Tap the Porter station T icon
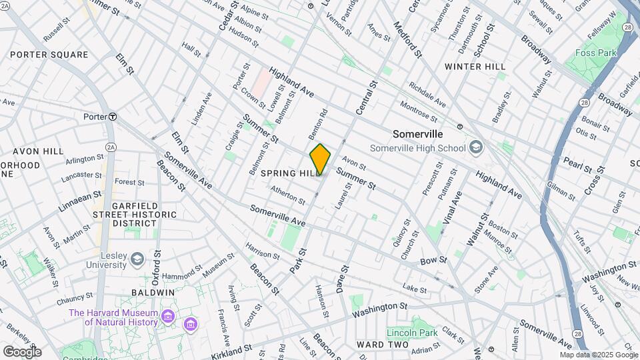(x=113, y=117)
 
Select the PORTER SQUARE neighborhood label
(x=49, y=55)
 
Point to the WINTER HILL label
(x=475, y=67)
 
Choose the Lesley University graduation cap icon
(x=137, y=259)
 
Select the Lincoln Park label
(x=411, y=332)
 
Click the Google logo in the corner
(x=21, y=352)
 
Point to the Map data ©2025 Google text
(x=599, y=355)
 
